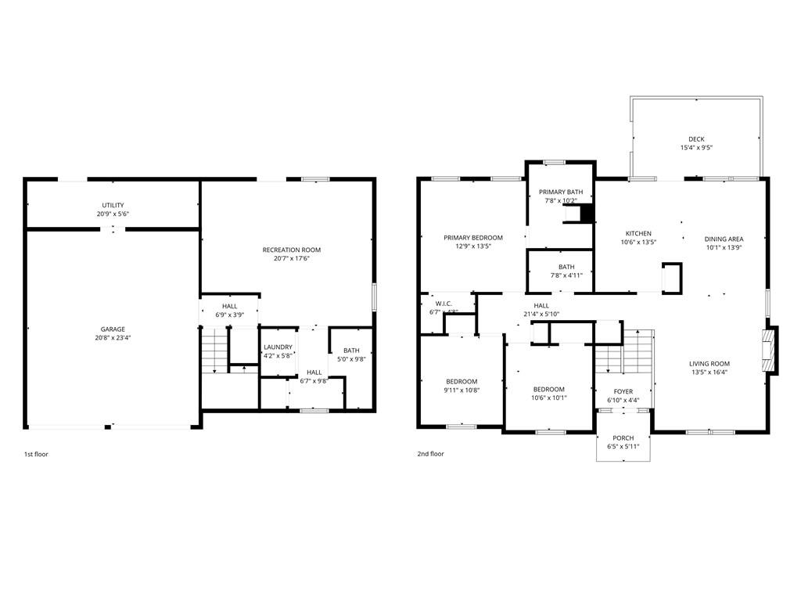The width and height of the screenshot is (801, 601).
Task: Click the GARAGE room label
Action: tap(113, 329)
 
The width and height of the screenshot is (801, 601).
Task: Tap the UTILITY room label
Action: tap(113, 205)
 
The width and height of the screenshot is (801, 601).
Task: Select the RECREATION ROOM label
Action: tap(292, 250)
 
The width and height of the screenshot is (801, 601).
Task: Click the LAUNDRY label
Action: tap(278, 347)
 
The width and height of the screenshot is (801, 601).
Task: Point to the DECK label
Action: tap(696, 139)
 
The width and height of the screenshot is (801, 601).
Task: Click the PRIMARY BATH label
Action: tap(561, 193)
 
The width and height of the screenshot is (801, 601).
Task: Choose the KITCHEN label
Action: tap(638, 233)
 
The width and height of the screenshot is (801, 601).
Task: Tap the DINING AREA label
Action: tap(724, 239)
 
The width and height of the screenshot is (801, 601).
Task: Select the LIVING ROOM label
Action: tap(709, 364)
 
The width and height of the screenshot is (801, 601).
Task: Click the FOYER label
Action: tap(623, 391)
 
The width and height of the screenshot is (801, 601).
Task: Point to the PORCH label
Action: tap(623, 438)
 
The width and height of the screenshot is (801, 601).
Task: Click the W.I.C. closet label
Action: tap(443, 304)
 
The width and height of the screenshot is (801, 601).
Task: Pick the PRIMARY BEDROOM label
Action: tap(473, 238)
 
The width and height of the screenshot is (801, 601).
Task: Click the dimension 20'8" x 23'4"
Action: tap(113, 338)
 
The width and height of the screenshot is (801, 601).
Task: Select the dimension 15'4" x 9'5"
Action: tap(696, 148)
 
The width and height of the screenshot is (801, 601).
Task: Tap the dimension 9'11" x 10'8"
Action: tap(462, 390)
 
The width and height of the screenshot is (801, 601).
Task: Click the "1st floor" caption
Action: tap(36, 454)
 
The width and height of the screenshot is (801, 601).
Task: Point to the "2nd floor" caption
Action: tap(431, 454)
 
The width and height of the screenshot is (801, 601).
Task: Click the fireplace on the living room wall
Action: tap(770, 351)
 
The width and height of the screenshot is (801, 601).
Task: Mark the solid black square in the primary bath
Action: tap(587, 214)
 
